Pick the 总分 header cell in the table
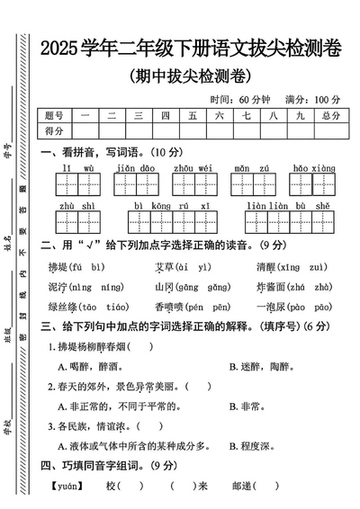[x=329, y=116]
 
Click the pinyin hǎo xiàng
[x=313, y=168]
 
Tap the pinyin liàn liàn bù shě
[x=290, y=206]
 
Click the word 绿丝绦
[x=64, y=307]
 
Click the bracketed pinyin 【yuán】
[x=66, y=486]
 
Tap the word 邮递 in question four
[x=242, y=486]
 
